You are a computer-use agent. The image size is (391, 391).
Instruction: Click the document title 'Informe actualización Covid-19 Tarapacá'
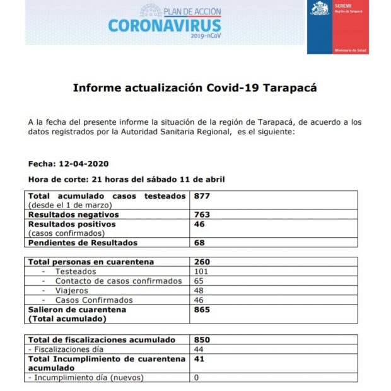click(x=195, y=88)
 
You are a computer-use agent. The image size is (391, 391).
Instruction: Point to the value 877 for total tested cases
click(x=202, y=196)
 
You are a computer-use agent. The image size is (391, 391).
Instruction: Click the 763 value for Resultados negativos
click(x=202, y=214)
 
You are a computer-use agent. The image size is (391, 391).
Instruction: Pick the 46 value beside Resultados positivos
click(x=199, y=224)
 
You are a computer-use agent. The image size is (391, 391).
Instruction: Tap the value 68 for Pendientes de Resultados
click(x=199, y=243)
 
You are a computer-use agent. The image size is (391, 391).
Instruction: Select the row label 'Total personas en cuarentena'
click(x=91, y=262)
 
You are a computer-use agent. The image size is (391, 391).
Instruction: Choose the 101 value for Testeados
click(x=201, y=272)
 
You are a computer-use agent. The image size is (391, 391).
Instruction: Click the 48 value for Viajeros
click(x=199, y=291)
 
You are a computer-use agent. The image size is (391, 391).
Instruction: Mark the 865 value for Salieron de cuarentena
click(x=202, y=310)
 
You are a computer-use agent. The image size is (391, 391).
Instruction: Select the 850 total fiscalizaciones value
click(x=202, y=340)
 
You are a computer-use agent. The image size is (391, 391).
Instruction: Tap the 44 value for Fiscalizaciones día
click(x=199, y=349)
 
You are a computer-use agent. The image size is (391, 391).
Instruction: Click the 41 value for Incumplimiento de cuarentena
click(x=199, y=359)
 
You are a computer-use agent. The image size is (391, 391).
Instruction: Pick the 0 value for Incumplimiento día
click(x=197, y=378)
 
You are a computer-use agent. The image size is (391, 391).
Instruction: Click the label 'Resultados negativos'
click(x=73, y=214)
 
